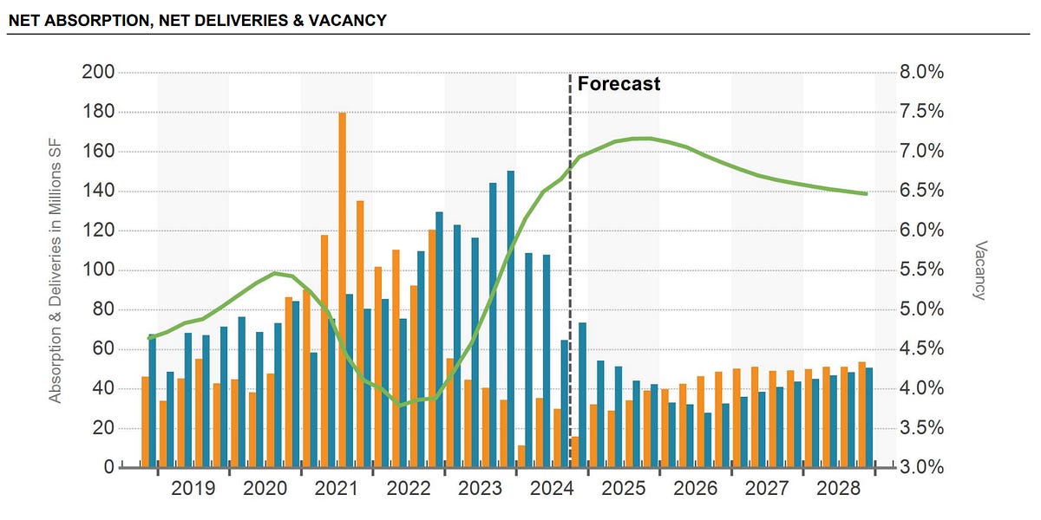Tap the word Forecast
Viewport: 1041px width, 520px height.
tap(619, 84)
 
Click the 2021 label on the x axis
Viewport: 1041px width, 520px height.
tap(337, 489)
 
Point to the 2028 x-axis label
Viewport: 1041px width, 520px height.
tap(838, 489)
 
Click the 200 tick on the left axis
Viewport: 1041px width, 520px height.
tap(98, 72)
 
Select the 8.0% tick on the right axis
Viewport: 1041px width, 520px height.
tap(921, 72)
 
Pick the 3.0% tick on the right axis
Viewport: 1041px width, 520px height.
tap(921, 468)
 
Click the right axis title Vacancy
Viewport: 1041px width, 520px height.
tap(980, 270)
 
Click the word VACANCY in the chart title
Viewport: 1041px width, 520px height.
tap(350, 19)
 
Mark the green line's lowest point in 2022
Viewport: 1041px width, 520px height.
tap(399, 404)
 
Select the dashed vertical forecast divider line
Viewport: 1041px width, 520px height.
tap(570, 260)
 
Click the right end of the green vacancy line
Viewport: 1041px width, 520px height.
tap(866, 193)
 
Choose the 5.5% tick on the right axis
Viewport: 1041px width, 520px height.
tap(921, 270)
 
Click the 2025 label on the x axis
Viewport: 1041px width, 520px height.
tap(623, 489)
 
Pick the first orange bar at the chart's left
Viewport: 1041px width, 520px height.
tap(145, 422)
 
